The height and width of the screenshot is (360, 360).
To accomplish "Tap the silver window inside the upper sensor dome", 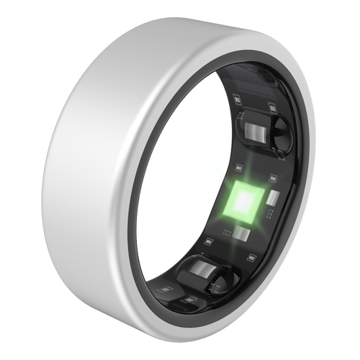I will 253,132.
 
